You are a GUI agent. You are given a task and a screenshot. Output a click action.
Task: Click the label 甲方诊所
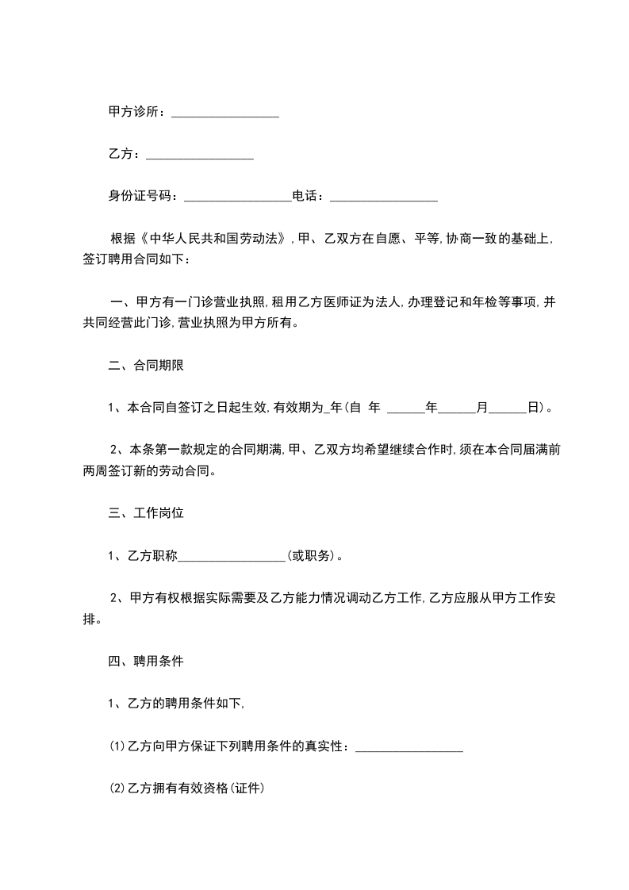[x=136, y=112]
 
